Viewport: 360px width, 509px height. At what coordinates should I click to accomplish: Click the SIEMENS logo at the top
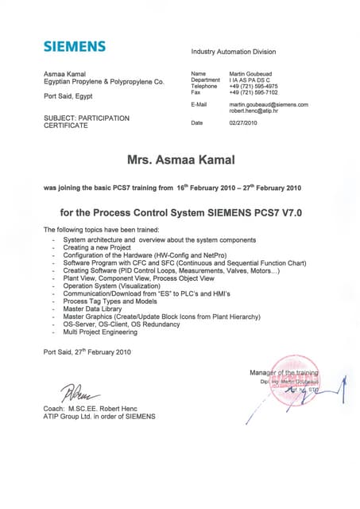[x=74, y=46]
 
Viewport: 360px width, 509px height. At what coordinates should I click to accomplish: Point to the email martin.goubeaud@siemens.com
[x=269, y=104]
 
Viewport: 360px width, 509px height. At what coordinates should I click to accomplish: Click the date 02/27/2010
[x=245, y=123]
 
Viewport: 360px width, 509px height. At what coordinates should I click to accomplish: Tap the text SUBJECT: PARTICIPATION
[x=86, y=119]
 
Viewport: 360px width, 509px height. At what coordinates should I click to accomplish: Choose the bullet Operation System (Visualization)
[x=111, y=288]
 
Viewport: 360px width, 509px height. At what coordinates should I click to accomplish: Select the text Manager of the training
[x=283, y=372]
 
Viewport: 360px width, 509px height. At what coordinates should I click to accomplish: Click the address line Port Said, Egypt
[x=68, y=96]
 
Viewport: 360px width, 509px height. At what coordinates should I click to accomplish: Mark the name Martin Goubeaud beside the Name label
[x=254, y=73]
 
